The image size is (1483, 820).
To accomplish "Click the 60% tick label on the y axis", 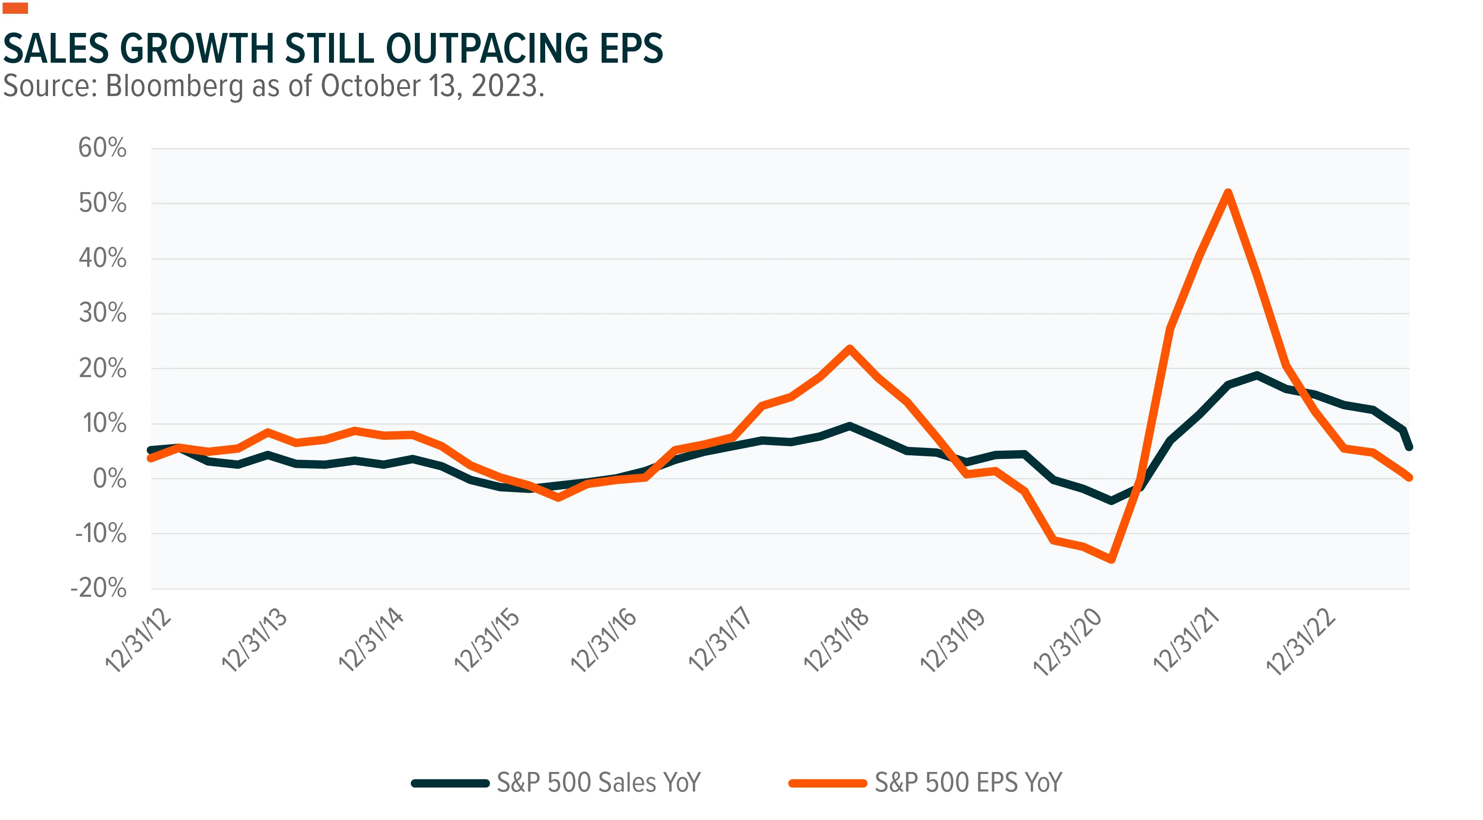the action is [x=102, y=148].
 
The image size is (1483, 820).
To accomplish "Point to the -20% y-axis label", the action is [x=98, y=588].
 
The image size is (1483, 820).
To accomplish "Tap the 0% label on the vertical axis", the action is [x=110, y=478].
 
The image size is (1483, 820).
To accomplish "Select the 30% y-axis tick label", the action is [x=102, y=313].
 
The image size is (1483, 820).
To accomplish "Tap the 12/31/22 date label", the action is [x=1301, y=641].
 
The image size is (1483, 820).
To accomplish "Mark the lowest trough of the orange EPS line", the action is [x=1111, y=559].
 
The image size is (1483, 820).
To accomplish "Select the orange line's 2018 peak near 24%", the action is [x=849, y=348].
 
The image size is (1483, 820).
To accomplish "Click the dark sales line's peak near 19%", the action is [x=1257, y=375].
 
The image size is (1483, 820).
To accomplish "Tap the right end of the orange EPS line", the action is [x=1408, y=477].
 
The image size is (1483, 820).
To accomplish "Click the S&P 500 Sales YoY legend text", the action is [x=599, y=783].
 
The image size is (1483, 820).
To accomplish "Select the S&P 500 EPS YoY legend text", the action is [x=969, y=783].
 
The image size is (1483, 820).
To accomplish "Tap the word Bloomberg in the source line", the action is [x=174, y=86].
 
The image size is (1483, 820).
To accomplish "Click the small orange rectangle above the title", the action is [x=16, y=8].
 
